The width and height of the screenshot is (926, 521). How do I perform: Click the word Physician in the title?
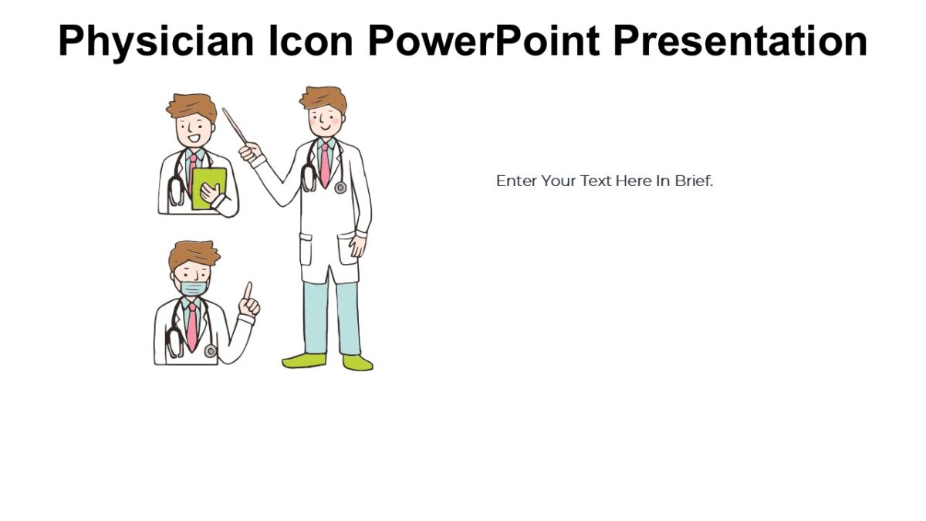(x=154, y=42)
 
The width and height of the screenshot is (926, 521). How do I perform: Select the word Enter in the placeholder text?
(x=515, y=181)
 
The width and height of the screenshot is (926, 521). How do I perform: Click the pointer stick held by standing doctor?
(x=235, y=125)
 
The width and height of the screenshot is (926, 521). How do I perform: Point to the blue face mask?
(x=193, y=288)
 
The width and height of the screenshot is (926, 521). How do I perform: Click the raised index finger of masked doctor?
(x=248, y=291)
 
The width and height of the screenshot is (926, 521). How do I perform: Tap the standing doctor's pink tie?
(x=326, y=164)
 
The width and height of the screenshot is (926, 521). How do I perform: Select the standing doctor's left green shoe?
(x=303, y=360)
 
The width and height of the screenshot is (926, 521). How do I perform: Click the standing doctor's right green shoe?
(x=358, y=363)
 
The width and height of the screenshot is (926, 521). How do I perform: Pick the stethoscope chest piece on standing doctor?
(x=340, y=187)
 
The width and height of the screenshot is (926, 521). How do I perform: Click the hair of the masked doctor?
(x=194, y=254)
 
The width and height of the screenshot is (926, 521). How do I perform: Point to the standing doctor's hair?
(x=323, y=98)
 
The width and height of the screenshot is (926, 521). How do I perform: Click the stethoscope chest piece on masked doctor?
(x=210, y=351)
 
